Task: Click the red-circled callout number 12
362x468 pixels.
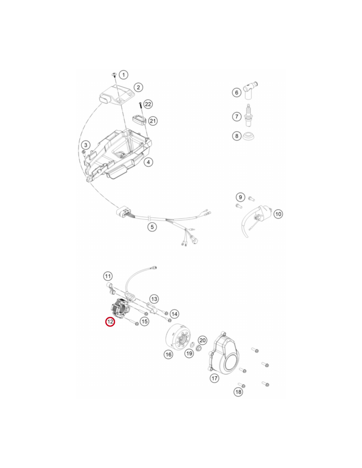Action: click(110, 322)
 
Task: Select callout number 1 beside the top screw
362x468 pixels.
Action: click(123, 75)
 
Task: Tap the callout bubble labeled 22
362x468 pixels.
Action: click(148, 104)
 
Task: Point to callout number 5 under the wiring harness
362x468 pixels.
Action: click(152, 227)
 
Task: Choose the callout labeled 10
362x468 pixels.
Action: click(278, 214)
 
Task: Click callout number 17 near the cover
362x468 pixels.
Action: click(215, 378)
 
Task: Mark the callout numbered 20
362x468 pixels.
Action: click(202, 340)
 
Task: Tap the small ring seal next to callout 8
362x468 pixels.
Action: click(249, 136)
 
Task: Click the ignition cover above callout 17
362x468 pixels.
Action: click(224, 354)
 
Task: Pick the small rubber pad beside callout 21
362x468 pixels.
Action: click(139, 119)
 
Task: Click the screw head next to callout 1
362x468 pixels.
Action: click(114, 74)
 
